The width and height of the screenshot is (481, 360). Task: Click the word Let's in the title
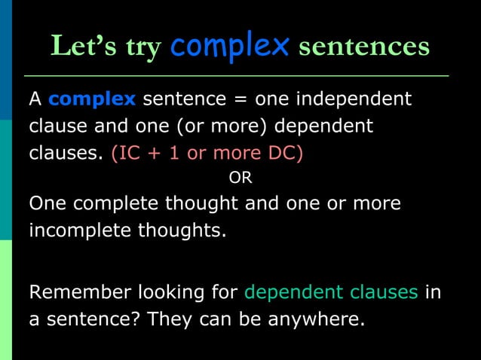click(79, 47)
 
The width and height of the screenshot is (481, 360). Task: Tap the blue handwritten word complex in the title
click(230, 45)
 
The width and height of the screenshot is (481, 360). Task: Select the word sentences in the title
click(364, 47)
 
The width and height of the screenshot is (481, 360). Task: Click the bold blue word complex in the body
click(92, 99)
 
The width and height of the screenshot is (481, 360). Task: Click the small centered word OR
click(240, 178)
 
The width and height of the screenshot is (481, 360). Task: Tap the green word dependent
click(292, 292)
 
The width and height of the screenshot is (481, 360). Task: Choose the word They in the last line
click(170, 319)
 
